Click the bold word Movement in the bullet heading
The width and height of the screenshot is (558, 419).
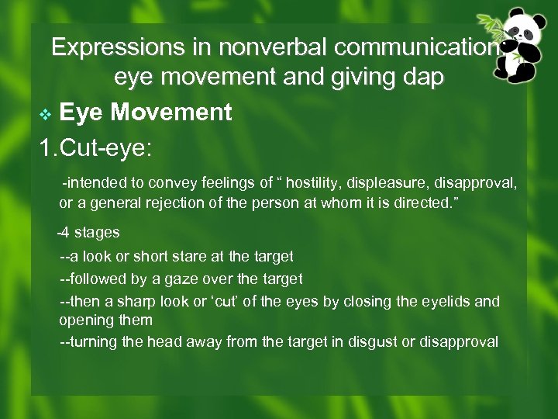tap(170, 113)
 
